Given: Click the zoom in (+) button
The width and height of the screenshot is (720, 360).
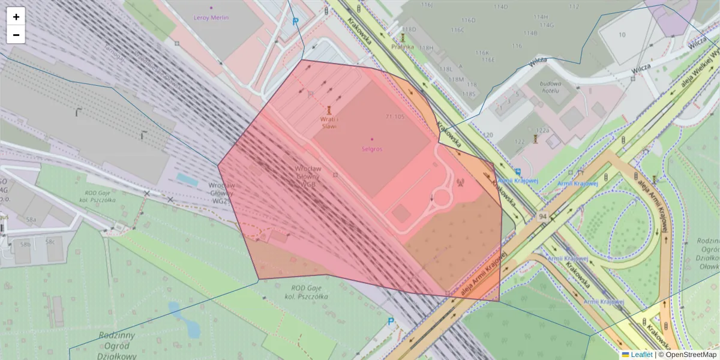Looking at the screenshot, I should (x=16, y=17).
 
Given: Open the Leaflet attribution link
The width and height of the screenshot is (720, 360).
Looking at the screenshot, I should (x=641, y=355).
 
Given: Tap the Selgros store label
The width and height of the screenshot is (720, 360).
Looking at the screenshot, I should (x=372, y=148).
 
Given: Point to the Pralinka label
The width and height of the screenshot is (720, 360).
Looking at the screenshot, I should (x=403, y=46).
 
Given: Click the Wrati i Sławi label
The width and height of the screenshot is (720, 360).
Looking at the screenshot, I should (x=328, y=122).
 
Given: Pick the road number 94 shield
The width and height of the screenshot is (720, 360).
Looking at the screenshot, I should (x=542, y=215).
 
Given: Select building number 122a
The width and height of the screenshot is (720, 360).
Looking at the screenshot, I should (x=542, y=130).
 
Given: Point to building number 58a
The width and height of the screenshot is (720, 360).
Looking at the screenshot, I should (x=31, y=220).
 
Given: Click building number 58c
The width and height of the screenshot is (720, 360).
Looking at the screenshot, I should (x=50, y=242).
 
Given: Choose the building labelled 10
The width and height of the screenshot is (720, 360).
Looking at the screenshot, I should (x=621, y=35).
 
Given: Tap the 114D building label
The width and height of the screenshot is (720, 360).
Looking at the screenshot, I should (x=500, y=7).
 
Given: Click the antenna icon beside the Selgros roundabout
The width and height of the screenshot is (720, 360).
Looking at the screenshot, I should (x=461, y=183).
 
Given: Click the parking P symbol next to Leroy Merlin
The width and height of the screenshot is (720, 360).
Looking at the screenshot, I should (x=295, y=22).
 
